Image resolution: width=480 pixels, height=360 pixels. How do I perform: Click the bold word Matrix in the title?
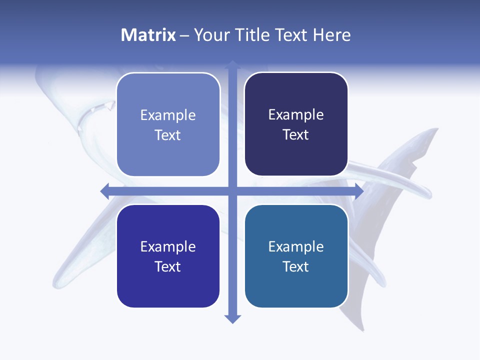(x=148, y=35)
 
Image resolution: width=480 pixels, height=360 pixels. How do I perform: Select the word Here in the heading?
(x=332, y=35)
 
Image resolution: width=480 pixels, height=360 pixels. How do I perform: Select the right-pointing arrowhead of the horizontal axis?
(x=358, y=191)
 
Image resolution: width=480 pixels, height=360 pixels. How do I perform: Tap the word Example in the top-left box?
(x=168, y=115)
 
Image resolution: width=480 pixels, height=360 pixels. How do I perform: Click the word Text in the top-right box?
(x=296, y=135)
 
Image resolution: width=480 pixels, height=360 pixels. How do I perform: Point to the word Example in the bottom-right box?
(x=296, y=246)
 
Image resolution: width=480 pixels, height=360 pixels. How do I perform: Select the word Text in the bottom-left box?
(x=168, y=266)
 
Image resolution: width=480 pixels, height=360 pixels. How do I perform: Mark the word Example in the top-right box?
(x=296, y=115)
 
